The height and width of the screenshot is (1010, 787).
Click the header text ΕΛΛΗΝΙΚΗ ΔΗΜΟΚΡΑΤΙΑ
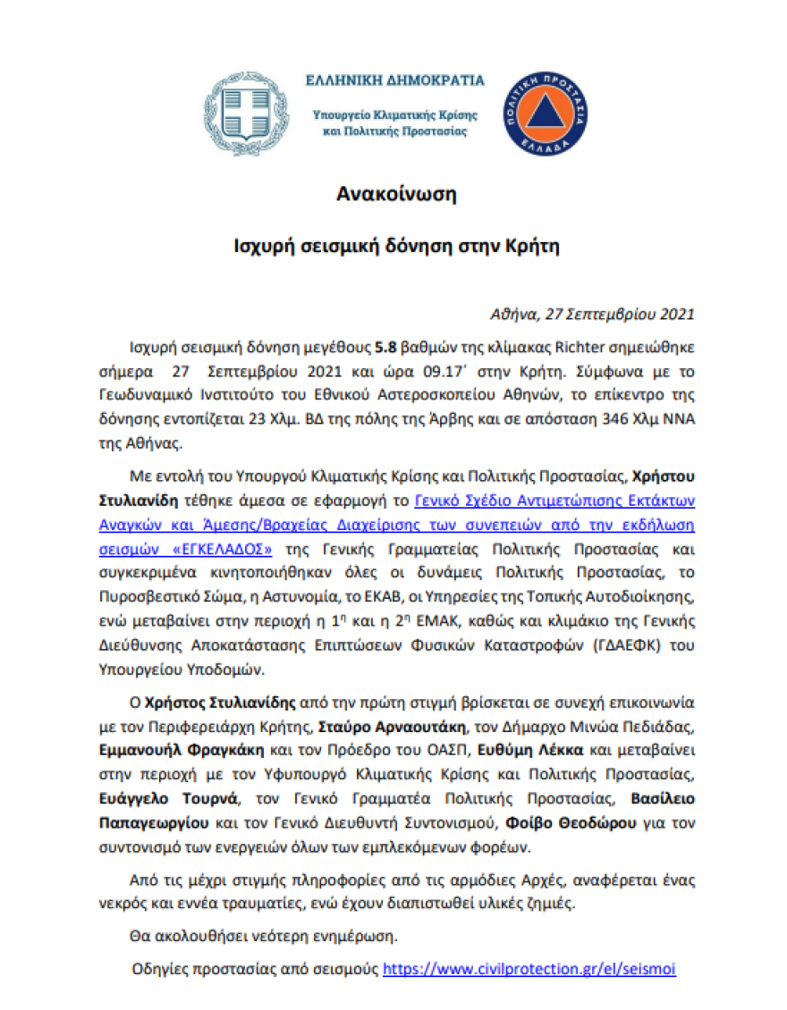[x=394, y=80]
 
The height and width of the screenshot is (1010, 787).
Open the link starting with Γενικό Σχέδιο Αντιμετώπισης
[x=554, y=500]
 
